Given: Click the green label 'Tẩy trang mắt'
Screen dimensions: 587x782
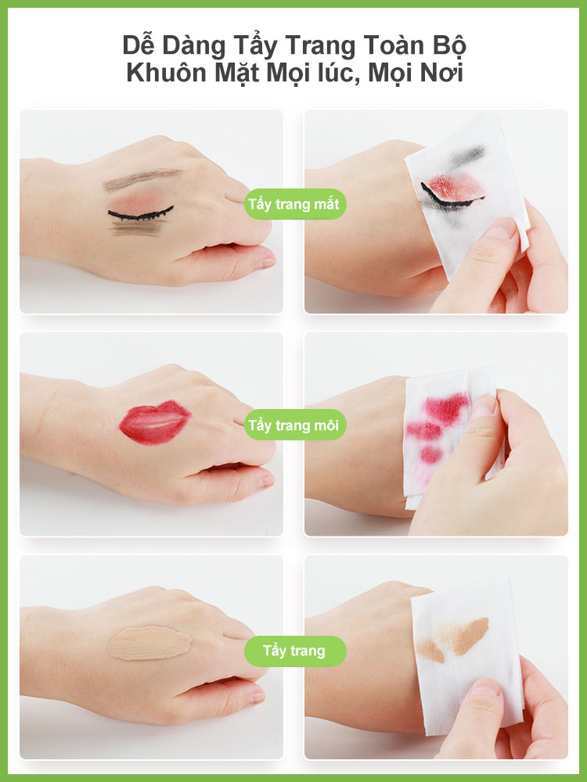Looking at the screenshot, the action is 295,204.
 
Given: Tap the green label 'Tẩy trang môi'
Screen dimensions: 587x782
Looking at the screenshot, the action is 295,425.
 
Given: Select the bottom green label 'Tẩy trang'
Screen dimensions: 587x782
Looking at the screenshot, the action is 295,651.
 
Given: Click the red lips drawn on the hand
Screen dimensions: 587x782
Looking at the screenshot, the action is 154,423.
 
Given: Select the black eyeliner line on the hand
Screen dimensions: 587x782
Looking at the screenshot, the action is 140,213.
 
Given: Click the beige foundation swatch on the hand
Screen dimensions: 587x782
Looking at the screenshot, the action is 149,644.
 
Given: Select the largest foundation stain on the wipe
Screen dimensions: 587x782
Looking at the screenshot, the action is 463,635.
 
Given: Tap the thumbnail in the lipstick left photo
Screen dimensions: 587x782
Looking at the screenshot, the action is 265,481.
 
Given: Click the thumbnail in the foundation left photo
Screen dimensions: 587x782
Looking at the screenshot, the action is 256,698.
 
